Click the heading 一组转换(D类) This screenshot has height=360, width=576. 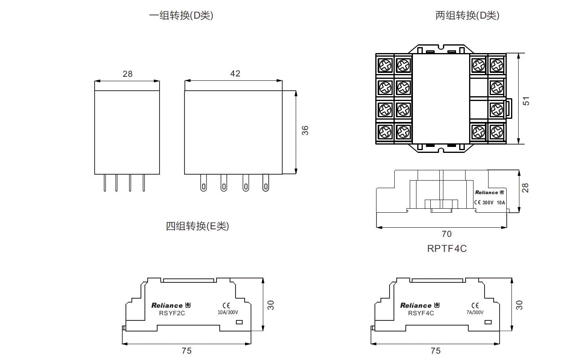(181, 15)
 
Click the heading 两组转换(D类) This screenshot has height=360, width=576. (467, 15)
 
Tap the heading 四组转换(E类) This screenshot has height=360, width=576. (197, 226)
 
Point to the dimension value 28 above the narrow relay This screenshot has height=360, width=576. (127, 74)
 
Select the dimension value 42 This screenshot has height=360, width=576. (235, 74)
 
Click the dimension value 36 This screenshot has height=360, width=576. (305, 130)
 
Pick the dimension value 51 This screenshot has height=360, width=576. (526, 101)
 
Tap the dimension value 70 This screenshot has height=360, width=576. (446, 234)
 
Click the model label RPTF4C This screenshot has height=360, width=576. (447, 249)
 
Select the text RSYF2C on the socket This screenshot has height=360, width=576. (172, 313)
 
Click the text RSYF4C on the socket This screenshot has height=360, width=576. (421, 313)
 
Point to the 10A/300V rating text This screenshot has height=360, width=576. (228, 312)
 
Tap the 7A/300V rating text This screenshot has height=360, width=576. (475, 312)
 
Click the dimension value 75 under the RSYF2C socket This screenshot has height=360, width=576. (186, 350)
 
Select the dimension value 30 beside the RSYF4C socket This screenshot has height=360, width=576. (519, 305)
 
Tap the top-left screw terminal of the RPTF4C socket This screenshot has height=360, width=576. (385, 65)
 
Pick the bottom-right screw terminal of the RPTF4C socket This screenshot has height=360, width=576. (496, 131)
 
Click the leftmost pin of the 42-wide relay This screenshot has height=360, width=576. (203, 183)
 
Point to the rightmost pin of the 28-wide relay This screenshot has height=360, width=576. (144, 183)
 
